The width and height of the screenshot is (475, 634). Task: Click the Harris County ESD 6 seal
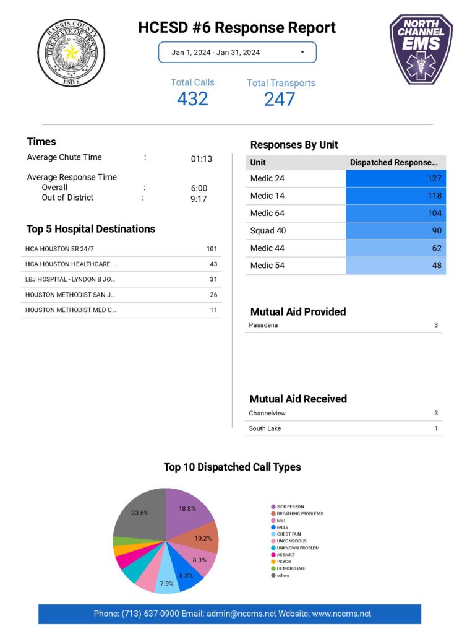point(71,52)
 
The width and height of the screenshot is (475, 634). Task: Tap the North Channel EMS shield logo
point(421,49)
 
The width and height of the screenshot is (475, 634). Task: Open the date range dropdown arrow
point(302,53)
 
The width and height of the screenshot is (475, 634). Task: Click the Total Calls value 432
point(192,98)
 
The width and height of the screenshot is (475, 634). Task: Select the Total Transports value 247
point(280,98)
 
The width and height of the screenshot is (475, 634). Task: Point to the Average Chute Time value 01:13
point(201,158)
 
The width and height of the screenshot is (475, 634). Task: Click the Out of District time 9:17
point(199,199)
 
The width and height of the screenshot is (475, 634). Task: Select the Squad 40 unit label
point(268,230)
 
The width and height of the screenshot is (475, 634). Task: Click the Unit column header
point(258,162)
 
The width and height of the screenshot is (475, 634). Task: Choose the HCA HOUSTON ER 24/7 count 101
point(212,249)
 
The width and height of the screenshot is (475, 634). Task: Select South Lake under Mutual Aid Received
point(265,428)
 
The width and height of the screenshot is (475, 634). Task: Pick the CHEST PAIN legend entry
point(289,534)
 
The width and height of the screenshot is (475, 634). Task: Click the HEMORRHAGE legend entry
point(291,568)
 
